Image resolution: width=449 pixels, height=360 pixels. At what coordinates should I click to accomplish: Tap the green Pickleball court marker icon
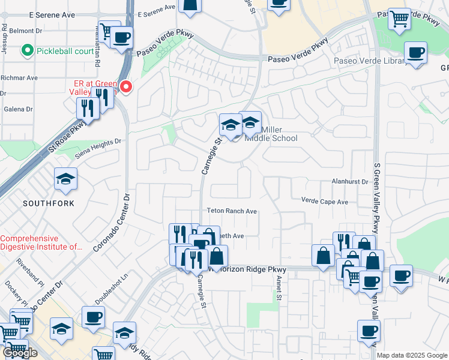27,51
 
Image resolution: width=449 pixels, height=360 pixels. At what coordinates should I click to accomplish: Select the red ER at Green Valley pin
126,88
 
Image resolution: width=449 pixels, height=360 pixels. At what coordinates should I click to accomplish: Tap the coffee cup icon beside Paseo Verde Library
415,53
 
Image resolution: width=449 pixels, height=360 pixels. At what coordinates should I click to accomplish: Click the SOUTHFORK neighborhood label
49,203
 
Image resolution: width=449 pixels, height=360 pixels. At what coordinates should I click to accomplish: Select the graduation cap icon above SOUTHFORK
65,179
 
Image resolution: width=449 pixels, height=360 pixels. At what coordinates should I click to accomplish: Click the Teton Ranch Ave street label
232,211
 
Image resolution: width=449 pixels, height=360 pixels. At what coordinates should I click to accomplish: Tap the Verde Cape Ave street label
325,202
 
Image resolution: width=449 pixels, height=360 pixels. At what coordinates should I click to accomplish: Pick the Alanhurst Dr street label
349,181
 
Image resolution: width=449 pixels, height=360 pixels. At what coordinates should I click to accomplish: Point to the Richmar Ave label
19,78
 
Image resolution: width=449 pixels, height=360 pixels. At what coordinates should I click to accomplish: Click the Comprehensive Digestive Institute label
41,242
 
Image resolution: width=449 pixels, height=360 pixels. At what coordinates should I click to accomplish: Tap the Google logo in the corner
20,353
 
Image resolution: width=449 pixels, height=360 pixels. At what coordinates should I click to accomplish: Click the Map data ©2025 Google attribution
412,355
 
